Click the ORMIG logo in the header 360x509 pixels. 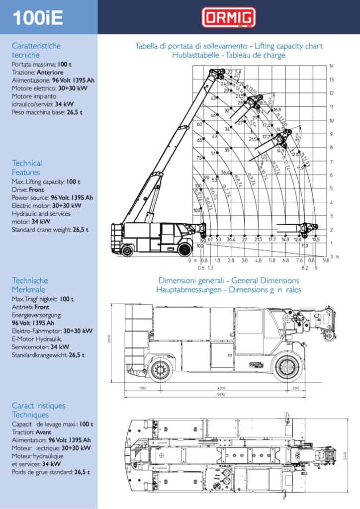click(228, 17)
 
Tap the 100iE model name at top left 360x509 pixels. click(38, 17)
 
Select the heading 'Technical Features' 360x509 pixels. click(27, 168)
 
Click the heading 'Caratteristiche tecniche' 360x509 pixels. click(36, 50)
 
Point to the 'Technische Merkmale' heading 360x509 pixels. click(30, 285)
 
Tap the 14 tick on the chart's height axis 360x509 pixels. click(331, 66)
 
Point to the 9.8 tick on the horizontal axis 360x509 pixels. click(327, 260)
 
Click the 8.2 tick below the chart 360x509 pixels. click(305, 267)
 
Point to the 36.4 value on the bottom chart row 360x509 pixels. click(231, 240)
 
